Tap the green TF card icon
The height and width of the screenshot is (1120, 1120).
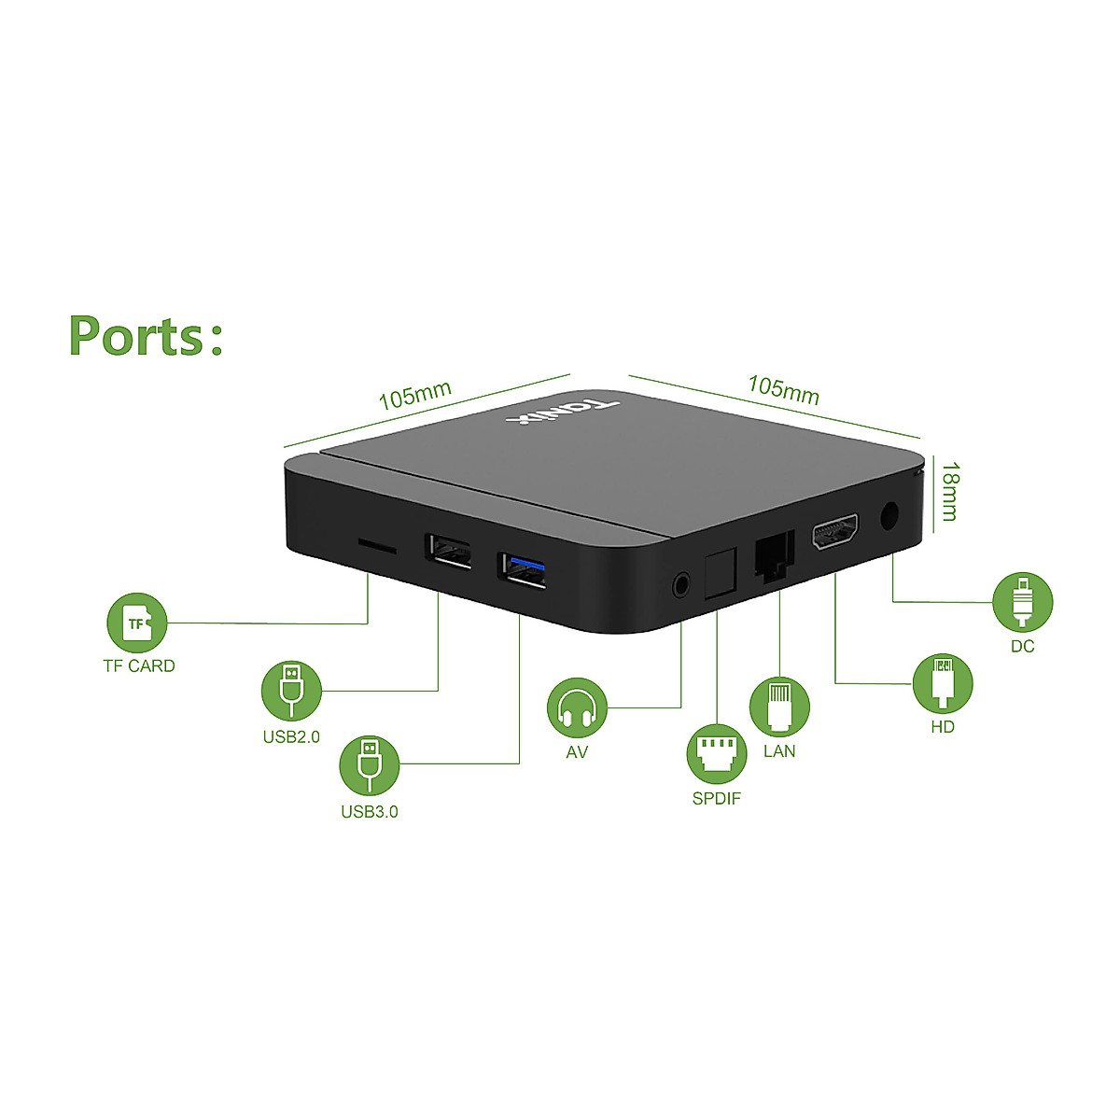click(138, 623)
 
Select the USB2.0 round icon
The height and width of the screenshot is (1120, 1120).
click(292, 691)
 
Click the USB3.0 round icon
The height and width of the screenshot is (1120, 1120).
click(371, 765)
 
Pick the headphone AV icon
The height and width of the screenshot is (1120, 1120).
click(577, 707)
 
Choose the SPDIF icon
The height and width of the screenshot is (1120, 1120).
click(717, 754)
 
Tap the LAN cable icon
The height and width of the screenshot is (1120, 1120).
click(779, 707)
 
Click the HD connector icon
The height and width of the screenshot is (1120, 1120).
click(943, 683)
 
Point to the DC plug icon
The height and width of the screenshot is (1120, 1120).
click(1023, 602)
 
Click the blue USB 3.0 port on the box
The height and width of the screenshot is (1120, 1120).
click(522, 570)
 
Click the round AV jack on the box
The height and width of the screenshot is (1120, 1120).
click(683, 586)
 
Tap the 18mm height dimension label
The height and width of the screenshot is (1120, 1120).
click(949, 491)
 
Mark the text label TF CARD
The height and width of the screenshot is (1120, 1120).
click(139, 666)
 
